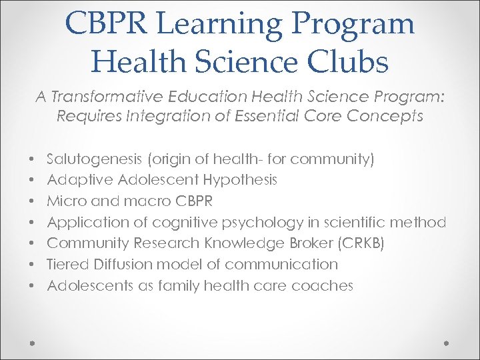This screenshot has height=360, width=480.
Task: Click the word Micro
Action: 65,201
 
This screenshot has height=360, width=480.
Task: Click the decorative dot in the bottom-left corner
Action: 32,342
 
